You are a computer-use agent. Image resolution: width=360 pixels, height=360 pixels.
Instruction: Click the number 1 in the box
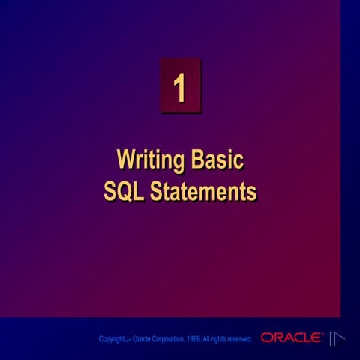coord(180,88)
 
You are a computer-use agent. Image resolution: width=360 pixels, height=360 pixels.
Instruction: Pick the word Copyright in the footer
coord(112,339)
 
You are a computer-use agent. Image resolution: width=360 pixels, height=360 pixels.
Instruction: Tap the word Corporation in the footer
coord(164,339)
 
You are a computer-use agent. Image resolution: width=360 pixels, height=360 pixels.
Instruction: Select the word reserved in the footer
coord(238,339)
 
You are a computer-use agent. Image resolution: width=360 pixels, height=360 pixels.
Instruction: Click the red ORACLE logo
coord(292,338)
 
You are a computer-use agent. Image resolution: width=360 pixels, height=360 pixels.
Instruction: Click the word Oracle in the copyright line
coord(140,339)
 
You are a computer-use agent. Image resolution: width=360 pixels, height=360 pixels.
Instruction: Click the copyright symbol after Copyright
coord(128,340)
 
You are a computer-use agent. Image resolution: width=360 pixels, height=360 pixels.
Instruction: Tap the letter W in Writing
coord(124,160)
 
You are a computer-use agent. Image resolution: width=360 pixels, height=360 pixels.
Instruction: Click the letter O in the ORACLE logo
coord(266,338)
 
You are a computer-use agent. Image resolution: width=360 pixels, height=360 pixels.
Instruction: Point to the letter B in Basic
coord(199,160)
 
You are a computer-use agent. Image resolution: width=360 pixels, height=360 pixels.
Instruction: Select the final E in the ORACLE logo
coord(318,338)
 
